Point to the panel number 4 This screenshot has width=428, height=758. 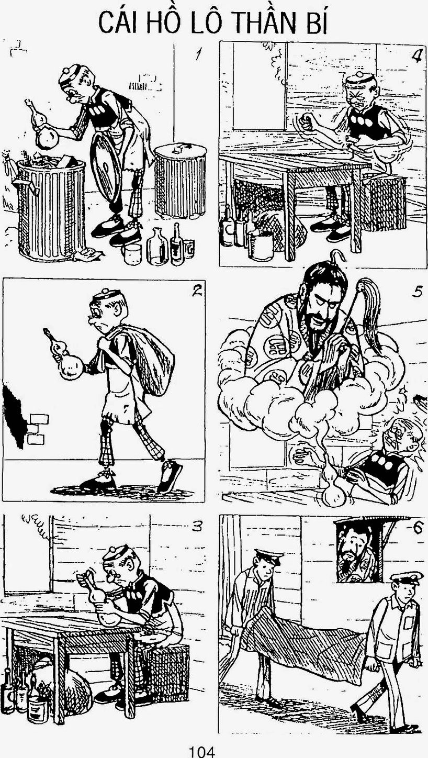point(416,54)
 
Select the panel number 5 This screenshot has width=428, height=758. point(418,292)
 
